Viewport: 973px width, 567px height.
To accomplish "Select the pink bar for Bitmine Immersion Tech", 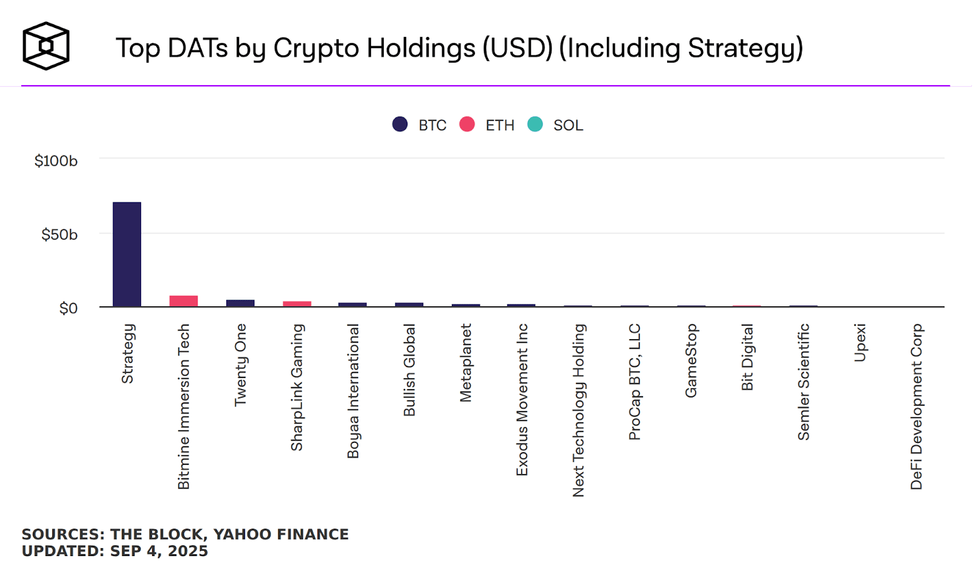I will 183,301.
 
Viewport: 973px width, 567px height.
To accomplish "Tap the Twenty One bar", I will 240,303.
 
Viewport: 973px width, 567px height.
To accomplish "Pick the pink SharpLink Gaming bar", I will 297,304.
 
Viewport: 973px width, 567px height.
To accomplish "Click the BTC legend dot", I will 400,125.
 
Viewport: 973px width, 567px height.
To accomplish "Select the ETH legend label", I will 499,125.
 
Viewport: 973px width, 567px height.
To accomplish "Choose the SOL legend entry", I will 567,125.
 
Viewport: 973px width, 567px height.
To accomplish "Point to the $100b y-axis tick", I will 56,161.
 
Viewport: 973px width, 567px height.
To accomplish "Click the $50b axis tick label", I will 59,235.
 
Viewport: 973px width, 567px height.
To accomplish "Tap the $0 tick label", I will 68,309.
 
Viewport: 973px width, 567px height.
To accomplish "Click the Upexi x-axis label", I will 860,343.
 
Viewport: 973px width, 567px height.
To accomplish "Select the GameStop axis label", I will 691,361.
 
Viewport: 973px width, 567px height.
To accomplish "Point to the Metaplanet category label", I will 466,363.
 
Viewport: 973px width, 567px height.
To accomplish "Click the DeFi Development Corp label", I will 916,407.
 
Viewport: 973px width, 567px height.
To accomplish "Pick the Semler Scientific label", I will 804,382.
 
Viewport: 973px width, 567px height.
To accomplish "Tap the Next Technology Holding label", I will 578,410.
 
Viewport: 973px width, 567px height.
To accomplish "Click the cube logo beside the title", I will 46,46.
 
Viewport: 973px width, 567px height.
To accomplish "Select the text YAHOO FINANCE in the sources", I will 281,534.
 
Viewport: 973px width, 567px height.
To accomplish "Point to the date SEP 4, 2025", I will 159,551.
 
